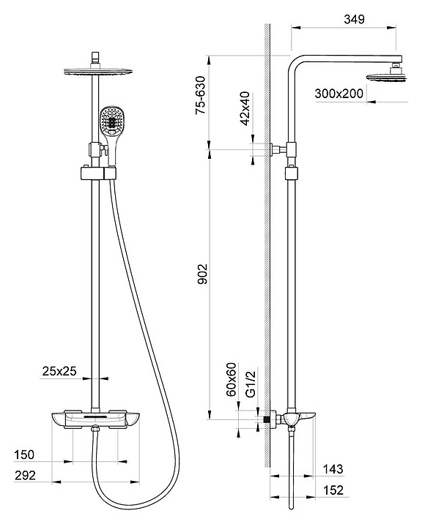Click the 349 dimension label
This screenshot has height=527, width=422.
(x=354, y=20)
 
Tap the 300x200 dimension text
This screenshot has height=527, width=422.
(x=339, y=94)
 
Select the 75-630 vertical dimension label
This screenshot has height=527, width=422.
(x=200, y=95)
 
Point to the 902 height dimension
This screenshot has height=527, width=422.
(x=202, y=274)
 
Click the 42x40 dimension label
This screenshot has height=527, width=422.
(x=245, y=108)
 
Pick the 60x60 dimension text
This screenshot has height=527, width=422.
(x=232, y=379)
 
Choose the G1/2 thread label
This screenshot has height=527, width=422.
(x=251, y=384)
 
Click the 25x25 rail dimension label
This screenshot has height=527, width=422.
(x=59, y=371)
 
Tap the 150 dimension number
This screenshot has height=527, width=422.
(x=24, y=455)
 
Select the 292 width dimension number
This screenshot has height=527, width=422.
(x=25, y=475)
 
